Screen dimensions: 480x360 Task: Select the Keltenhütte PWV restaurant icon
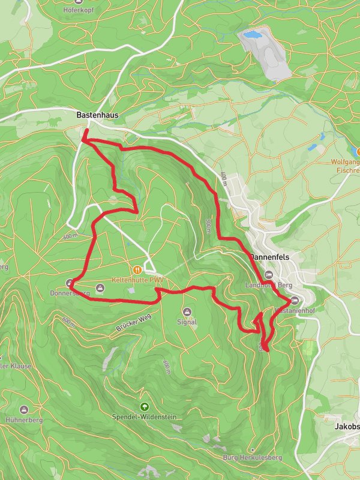coord(137,270)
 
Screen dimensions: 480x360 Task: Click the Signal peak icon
coord(187,311)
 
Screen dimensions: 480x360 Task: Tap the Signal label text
coord(187,322)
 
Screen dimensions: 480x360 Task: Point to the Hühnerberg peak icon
coord(24,409)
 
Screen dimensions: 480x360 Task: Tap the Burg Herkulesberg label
coord(252,458)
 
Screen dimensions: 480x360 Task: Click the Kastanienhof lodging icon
coord(294,301)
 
